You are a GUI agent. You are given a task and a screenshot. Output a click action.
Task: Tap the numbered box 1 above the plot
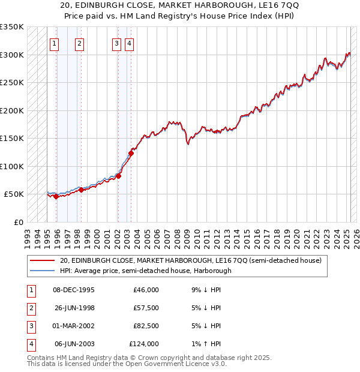click(x=55, y=43)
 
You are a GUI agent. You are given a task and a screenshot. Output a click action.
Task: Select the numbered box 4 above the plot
click(x=130, y=43)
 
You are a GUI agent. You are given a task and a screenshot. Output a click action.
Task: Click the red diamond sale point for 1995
click(x=56, y=196)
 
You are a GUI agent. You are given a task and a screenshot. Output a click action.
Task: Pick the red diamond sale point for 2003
click(x=131, y=153)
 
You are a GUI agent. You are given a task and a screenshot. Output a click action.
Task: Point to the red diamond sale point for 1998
click(x=81, y=190)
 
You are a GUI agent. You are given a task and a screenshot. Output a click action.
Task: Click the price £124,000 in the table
click(x=144, y=344)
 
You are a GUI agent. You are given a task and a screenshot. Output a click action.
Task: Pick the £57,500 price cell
click(x=146, y=308)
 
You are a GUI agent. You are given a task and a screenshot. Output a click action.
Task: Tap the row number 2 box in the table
click(x=30, y=308)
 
